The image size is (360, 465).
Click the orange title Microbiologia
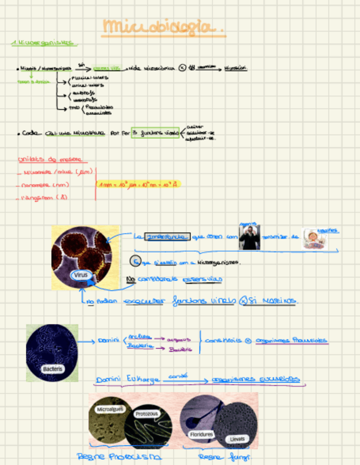tap(164, 26)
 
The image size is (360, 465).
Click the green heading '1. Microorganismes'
tap(44, 43)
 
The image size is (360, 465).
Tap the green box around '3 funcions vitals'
tap(155, 133)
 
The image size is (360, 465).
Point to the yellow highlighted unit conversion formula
tap(138, 185)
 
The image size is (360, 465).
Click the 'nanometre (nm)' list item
tap(46, 185)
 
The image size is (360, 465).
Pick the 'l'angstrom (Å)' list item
tap(44, 197)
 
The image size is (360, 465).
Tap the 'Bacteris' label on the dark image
tap(53, 369)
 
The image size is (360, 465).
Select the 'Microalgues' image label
tap(110, 409)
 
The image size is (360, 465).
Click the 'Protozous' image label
tap(147, 415)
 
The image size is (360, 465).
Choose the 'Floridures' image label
tap(201, 434)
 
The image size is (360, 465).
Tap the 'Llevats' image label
tap(237, 439)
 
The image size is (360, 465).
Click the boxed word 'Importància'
tap(167, 236)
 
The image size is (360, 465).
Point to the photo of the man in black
tap(250, 237)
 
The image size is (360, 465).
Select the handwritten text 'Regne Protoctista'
tap(119, 456)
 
